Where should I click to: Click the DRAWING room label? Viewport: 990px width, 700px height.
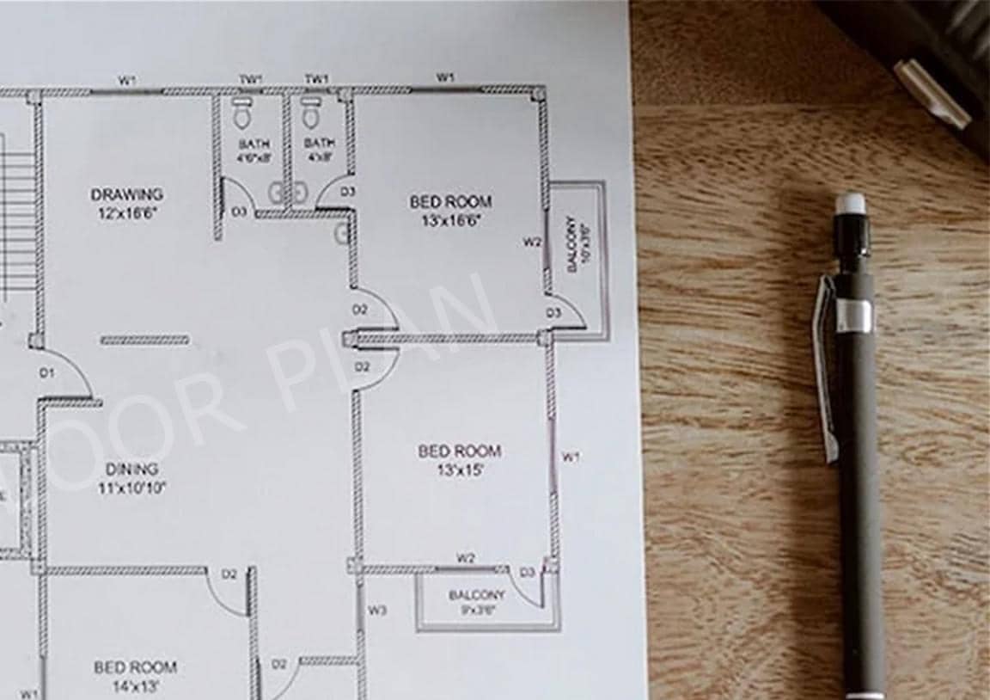[x=127, y=194]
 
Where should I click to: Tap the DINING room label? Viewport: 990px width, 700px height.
[x=132, y=470]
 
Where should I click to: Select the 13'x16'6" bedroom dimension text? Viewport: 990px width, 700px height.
[x=450, y=219]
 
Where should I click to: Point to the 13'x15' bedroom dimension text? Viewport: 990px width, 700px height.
[x=459, y=470]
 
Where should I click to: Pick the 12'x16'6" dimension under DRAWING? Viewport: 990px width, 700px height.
[x=127, y=212]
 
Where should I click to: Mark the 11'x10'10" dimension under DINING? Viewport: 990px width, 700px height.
[x=132, y=488]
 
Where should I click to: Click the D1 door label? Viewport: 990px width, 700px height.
[x=46, y=373]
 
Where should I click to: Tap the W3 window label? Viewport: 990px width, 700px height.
[x=377, y=611]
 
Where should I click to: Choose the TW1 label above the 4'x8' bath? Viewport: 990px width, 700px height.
[x=316, y=79]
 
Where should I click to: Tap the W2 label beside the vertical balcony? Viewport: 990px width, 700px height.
[x=532, y=242]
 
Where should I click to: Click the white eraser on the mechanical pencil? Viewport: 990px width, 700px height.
[x=849, y=203]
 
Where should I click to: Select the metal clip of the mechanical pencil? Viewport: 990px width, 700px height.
[x=825, y=361]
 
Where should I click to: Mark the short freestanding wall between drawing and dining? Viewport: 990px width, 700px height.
[x=144, y=341]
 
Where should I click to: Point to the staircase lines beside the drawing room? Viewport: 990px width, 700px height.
[x=17, y=224]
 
